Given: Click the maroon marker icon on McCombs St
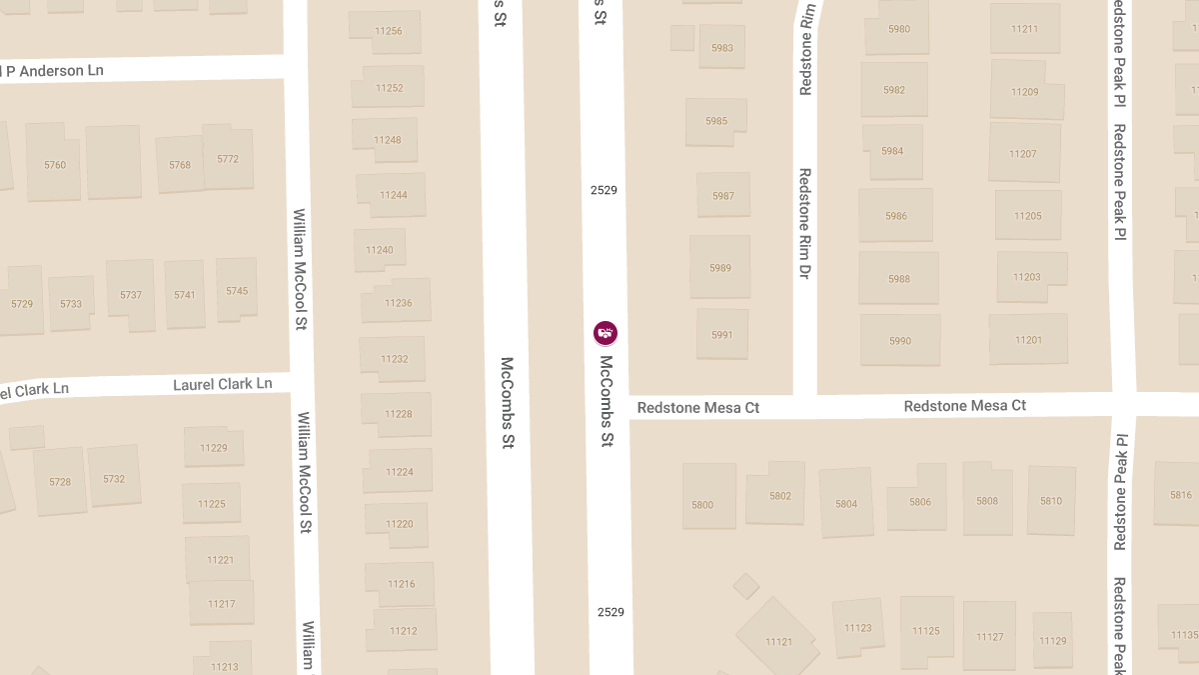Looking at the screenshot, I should point(604,333).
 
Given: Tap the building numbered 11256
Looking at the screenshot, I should point(388,31).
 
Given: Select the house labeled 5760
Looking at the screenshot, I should point(55,164).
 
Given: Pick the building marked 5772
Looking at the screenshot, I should point(228,158).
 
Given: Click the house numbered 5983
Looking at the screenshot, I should point(721,48).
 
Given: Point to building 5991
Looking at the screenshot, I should point(721,335).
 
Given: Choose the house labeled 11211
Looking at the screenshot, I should point(1024,29).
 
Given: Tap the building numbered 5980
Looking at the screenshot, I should point(899,29).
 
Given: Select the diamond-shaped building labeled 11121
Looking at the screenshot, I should point(777,641).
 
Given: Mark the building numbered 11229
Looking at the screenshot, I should point(212,447).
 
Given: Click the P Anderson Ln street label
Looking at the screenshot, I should point(55,71).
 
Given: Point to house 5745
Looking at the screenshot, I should point(237,290).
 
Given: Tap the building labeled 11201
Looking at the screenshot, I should point(1027,340).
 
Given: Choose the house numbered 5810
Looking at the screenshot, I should point(1050,500).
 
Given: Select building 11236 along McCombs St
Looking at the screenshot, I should point(398,302).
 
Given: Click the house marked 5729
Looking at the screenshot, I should point(22,303).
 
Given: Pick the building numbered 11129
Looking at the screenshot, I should point(1052,640).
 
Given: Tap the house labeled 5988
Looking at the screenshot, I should point(898,278).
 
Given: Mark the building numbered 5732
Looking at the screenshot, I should point(114,478).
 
